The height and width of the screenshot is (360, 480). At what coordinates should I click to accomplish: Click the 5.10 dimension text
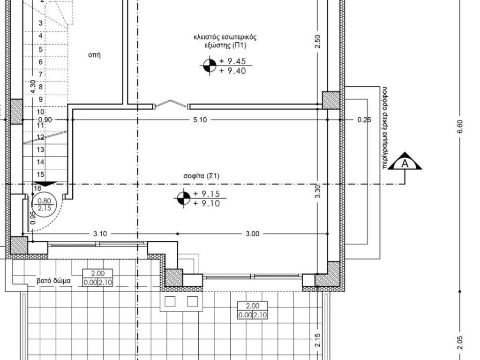(200, 120)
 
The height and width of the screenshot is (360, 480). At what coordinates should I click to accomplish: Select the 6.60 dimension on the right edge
(460, 127)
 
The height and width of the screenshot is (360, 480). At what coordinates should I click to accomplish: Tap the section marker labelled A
(405, 161)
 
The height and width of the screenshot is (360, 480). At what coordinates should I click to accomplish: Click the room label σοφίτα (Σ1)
(202, 176)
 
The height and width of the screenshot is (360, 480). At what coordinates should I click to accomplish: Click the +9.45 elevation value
(232, 61)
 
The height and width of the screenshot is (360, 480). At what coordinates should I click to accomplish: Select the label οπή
(94, 55)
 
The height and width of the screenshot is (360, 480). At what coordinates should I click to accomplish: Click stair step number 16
(37, 188)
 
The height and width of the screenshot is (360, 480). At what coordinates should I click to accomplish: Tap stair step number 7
(40, 75)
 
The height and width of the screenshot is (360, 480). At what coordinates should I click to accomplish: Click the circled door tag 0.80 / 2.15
(44, 204)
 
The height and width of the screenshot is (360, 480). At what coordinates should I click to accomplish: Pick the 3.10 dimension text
(100, 234)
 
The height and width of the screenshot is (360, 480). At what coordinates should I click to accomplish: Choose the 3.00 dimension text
(252, 234)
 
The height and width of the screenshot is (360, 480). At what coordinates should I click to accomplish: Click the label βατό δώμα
(53, 280)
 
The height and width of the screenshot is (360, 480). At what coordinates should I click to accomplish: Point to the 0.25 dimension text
(364, 120)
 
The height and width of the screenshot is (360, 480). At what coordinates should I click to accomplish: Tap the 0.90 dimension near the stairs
(45, 120)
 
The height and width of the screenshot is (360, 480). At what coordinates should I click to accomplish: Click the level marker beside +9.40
(210, 66)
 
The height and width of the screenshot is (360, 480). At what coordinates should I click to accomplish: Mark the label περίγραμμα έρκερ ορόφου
(384, 127)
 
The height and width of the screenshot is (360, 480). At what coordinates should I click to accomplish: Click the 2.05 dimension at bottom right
(460, 343)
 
